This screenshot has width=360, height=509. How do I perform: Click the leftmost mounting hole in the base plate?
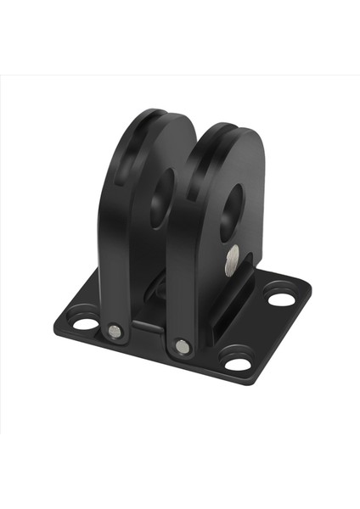tap(82, 323)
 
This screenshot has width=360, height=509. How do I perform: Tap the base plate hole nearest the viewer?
tap(239, 364)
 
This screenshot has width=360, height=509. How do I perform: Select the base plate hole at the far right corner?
tap(278, 299)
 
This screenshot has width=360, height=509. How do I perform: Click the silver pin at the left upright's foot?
tap(115, 330)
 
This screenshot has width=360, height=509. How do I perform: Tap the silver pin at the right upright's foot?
tap(182, 345)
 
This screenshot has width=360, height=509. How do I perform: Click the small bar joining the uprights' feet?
tap(149, 326)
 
